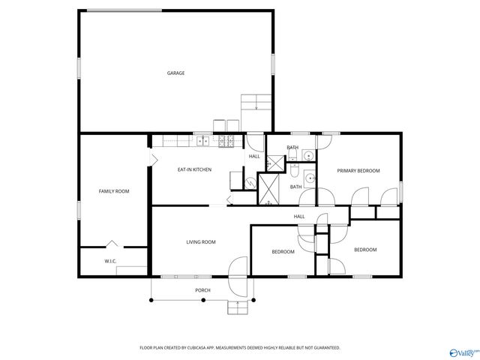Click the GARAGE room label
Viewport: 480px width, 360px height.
coord(175,73)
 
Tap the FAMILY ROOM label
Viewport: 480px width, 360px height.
coord(114,191)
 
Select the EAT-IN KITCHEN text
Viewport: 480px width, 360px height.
coord(194,169)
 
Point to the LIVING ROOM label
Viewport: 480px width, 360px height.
coord(201,241)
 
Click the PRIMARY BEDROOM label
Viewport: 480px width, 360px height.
coord(358,171)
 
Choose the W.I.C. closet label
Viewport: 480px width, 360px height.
coord(110,261)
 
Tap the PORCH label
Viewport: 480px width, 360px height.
coord(202,290)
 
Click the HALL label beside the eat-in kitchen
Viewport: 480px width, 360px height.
coord(254,156)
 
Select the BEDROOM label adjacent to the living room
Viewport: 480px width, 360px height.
coord(283,252)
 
